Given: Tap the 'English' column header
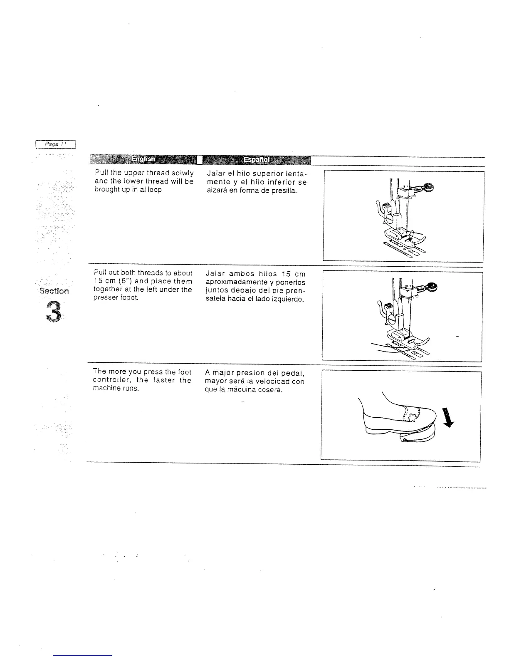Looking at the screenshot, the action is coord(143,159).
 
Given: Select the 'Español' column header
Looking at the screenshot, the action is coord(256,159).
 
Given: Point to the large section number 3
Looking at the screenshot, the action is coord(54,311).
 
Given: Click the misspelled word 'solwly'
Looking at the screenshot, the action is coord(183,173).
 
